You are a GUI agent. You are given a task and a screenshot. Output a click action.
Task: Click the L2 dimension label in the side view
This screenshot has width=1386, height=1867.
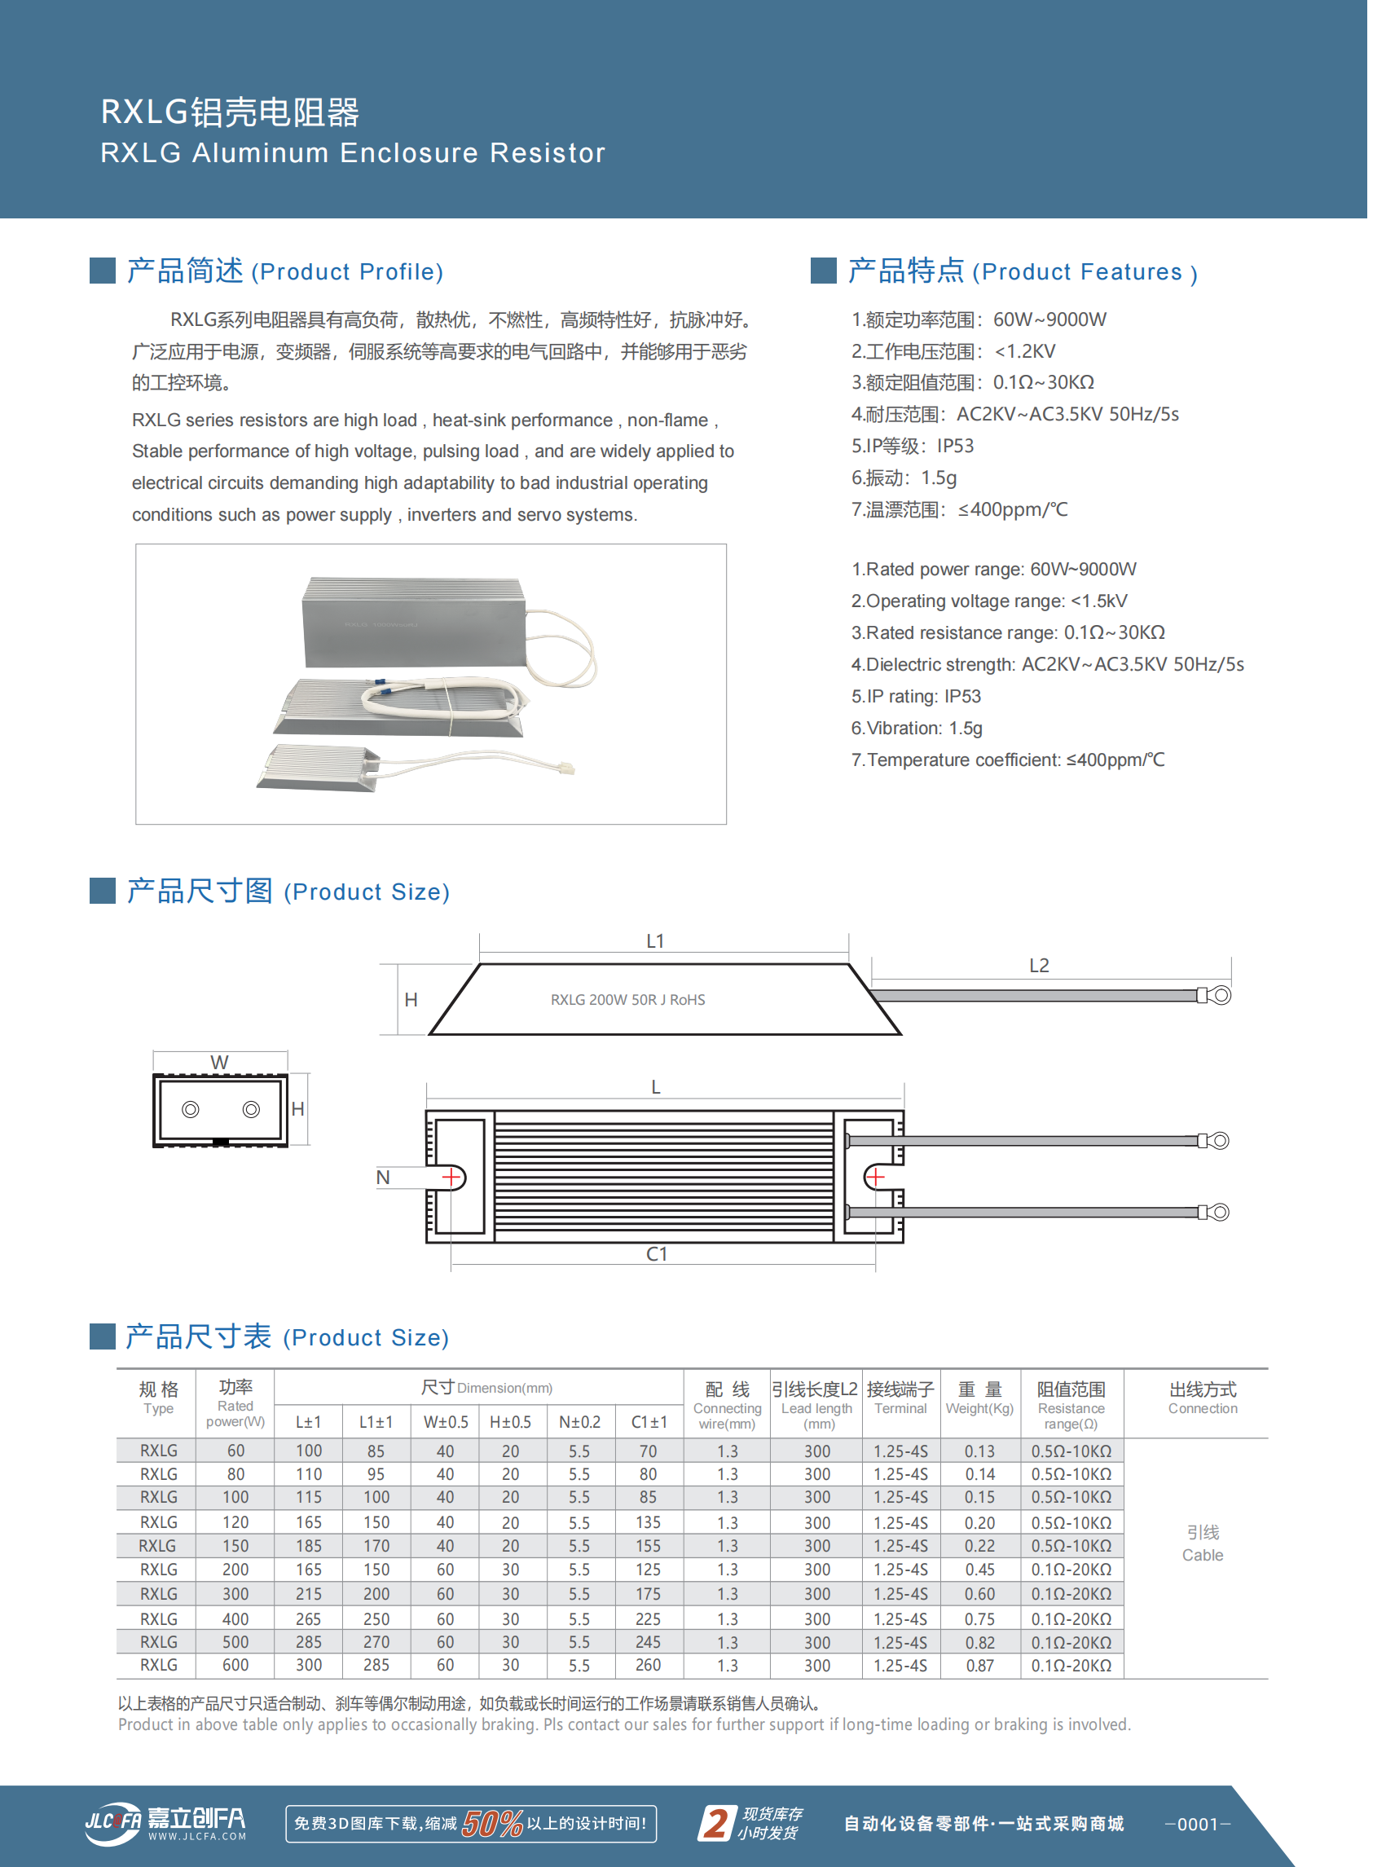click(x=1039, y=966)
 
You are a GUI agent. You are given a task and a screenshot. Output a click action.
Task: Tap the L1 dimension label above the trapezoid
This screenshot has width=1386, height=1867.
click(x=655, y=941)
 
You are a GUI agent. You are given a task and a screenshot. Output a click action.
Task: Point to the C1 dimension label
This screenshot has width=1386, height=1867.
click(x=657, y=1253)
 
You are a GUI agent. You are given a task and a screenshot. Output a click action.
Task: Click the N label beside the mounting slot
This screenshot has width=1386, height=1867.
click(x=383, y=1178)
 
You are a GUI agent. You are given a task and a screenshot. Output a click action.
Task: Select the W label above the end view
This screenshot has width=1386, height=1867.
click(x=219, y=1063)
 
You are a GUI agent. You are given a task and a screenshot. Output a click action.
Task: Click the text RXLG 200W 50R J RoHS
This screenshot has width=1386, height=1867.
click(x=627, y=999)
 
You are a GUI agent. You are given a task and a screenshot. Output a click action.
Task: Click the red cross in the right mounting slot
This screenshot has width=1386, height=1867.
click(x=875, y=1178)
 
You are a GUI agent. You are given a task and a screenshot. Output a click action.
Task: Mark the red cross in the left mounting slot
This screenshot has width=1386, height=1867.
click(x=452, y=1178)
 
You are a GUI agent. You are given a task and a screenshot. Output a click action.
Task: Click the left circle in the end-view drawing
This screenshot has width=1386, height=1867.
click(x=191, y=1109)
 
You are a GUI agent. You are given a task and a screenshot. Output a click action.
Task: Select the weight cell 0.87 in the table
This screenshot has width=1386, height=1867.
click(x=979, y=1666)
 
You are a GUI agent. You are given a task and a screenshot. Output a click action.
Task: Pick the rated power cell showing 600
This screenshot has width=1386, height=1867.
click(x=235, y=1665)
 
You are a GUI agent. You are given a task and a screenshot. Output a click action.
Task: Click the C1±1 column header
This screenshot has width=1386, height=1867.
click(x=649, y=1422)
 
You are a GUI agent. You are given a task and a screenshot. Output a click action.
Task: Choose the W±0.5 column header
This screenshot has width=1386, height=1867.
click(x=445, y=1422)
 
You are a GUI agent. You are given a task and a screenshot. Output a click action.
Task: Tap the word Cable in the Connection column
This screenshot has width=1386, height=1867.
click(x=1203, y=1555)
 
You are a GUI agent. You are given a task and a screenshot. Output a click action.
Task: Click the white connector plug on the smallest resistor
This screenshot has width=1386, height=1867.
click(x=566, y=768)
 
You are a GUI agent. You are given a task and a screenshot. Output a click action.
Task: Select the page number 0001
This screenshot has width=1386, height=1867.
click(x=1197, y=1823)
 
